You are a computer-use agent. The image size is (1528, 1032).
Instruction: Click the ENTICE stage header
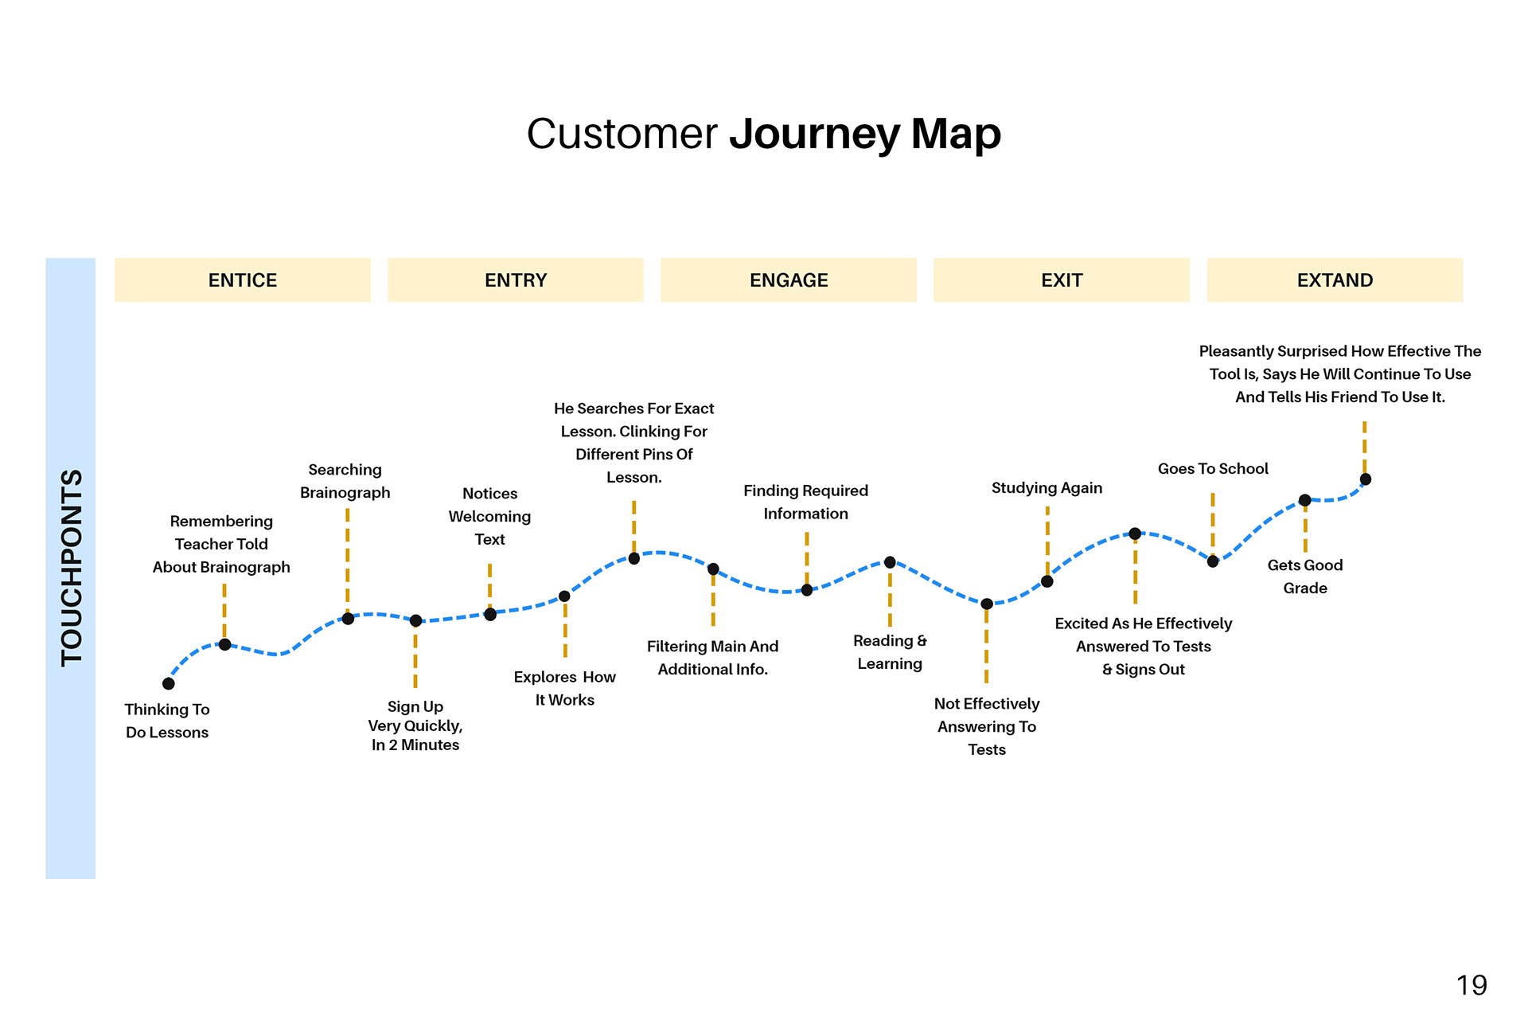pos(243,280)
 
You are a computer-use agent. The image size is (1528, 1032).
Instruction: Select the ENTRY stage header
pos(516,280)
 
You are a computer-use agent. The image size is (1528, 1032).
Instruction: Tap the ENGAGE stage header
pos(789,280)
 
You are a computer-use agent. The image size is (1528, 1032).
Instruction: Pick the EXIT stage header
pos(1062,280)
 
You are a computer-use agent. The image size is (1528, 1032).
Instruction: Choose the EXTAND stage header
pos(1335,280)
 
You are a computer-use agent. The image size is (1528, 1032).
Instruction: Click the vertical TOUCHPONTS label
pos(72,568)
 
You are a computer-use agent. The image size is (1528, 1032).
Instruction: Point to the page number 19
pos(1471,986)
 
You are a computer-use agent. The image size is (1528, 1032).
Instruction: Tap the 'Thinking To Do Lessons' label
pos(167,721)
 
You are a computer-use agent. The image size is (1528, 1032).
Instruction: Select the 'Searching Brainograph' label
pos(345,481)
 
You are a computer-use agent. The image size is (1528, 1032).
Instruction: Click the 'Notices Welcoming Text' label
pos(489,516)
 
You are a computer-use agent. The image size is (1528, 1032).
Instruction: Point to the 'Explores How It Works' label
pos(565,688)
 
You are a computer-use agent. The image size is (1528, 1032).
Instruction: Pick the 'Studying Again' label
pos(1047,487)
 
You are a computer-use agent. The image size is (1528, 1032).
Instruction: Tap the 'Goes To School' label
pos(1213,468)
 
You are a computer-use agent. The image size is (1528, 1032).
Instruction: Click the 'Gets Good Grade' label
pos(1305,577)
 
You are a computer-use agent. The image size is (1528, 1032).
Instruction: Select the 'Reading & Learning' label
pos(890,652)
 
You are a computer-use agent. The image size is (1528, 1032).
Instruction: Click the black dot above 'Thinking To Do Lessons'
pos(169,683)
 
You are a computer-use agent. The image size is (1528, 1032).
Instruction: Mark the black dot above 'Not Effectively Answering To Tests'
pos(987,604)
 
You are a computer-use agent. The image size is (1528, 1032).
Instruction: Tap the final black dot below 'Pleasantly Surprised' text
pos(1366,479)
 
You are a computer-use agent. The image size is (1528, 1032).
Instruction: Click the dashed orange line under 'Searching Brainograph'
pos(348,557)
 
